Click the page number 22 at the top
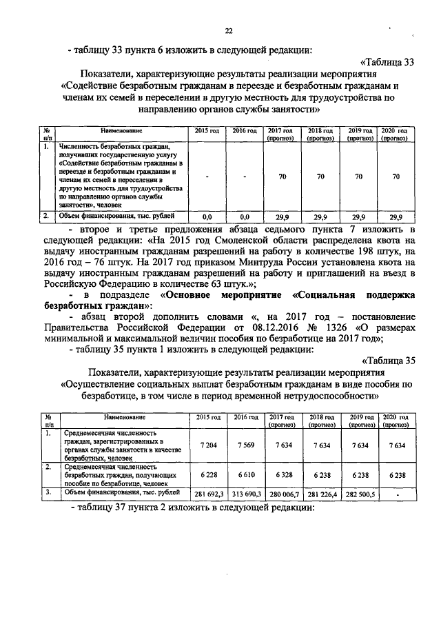point(229,30)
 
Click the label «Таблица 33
point(389,62)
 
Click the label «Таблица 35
point(389,361)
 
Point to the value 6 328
point(282,475)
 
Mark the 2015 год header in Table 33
point(207,130)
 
